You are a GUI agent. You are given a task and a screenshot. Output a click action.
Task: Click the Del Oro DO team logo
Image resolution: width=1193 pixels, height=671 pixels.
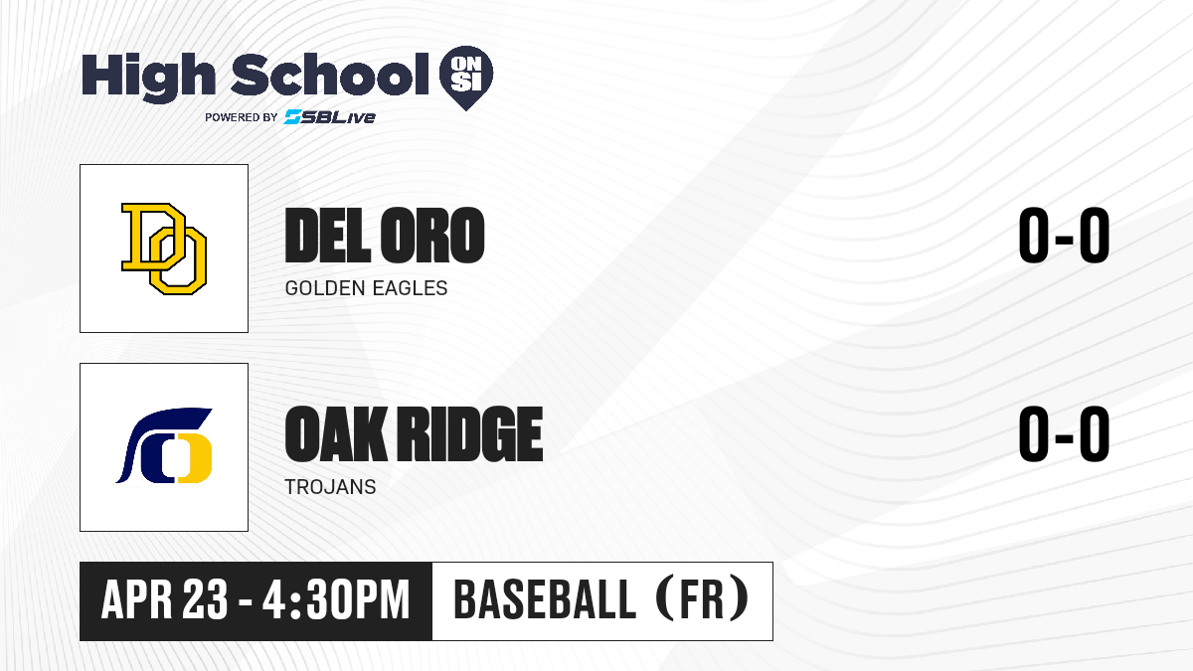click(x=164, y=249)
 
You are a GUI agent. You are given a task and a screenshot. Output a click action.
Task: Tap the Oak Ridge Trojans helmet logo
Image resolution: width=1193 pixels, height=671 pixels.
click(x=164, y=446)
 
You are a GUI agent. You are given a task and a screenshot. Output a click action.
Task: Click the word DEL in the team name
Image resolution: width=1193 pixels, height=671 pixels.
click(x=327, y=236)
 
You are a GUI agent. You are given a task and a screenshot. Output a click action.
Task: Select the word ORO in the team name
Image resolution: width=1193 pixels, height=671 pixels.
click(x=431, y=236)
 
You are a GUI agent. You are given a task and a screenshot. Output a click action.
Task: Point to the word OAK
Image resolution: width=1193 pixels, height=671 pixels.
click(x=336, y=433)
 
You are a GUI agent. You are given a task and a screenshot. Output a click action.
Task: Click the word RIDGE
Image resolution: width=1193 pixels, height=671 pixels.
click(x=470, y=433)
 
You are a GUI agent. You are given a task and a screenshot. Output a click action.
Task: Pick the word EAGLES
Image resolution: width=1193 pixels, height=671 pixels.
click(x=410, y=288)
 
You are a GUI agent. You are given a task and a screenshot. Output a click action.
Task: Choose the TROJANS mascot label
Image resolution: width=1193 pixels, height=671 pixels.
click(x=330, y=487)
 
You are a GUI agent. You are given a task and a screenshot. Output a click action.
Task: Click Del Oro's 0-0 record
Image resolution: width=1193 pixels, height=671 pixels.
click(x=1064, y=236)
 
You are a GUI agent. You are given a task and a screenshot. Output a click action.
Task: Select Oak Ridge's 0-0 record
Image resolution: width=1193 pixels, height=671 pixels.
click(x=1064, y=433)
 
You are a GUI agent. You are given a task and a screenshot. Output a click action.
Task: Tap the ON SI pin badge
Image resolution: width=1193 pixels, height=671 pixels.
click(x=466, y=78)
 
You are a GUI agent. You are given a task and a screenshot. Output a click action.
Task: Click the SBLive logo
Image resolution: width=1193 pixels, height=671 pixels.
click(x=330, y=116)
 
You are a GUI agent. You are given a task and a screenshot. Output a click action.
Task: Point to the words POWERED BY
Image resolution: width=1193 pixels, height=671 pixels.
click(x=242, y=117)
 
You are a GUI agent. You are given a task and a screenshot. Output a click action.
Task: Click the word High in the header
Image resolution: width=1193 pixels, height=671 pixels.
click(x=148, y=78)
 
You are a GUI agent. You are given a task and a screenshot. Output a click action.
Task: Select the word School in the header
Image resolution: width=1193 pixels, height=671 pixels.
click(x=330, y=74)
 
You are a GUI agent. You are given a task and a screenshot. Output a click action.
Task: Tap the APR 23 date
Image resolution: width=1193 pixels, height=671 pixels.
click(x=165, y=600)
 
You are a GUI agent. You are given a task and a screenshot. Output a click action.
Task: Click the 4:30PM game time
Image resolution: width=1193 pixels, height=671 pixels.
click(x=336, y=600)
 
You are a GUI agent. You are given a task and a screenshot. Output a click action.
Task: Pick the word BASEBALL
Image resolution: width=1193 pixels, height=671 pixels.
click(x=545, y=600)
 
